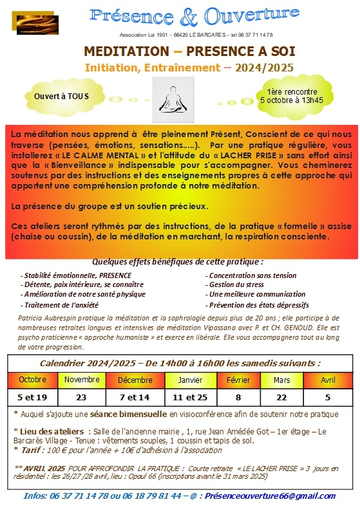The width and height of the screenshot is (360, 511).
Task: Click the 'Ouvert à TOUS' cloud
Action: click(x=62, y=96)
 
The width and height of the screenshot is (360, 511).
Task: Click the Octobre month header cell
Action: click(x=32, y=380)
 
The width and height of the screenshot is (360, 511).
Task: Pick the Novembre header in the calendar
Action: click(x=81, y=380)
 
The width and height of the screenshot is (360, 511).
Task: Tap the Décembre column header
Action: click(x=135, y=380)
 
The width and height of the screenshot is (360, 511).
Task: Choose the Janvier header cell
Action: click(x=189, y=380)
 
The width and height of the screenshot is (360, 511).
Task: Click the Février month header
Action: click(x=238, y=380)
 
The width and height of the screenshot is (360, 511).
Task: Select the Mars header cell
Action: click(x=281, y=380)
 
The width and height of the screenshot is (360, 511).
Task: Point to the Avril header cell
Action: click(x=328, y=380)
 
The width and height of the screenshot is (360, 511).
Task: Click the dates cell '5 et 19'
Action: click(x=32, y=397)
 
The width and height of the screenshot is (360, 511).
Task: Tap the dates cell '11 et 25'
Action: click(x=189, y=397)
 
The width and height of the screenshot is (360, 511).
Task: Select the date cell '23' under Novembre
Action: click(x=81, y=397)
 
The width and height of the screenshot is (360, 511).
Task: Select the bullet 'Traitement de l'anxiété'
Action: click(x=55, y=304)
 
